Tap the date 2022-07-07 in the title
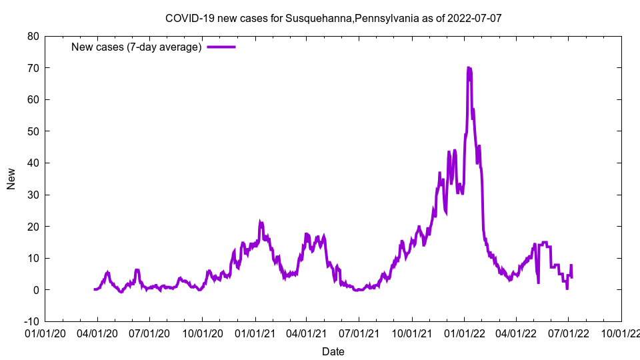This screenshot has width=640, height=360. click(475, 19)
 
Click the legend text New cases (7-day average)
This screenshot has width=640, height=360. click(136, 47)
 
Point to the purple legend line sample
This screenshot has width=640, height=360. click(221, 47)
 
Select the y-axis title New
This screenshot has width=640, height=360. click(11, 179)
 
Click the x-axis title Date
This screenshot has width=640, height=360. click(333, 351)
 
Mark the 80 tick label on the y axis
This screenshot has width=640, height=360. click(33, 36)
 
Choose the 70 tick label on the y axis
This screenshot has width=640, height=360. click(33, 68)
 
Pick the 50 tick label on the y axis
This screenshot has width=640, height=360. click(33, 131)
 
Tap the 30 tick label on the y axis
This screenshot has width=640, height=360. click(33, 195)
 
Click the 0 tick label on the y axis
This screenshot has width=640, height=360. click(35, 290)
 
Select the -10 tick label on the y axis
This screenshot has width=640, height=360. click(31, 321)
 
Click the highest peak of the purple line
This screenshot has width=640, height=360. click(469, 67)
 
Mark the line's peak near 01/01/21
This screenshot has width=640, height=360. click(261, 222)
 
